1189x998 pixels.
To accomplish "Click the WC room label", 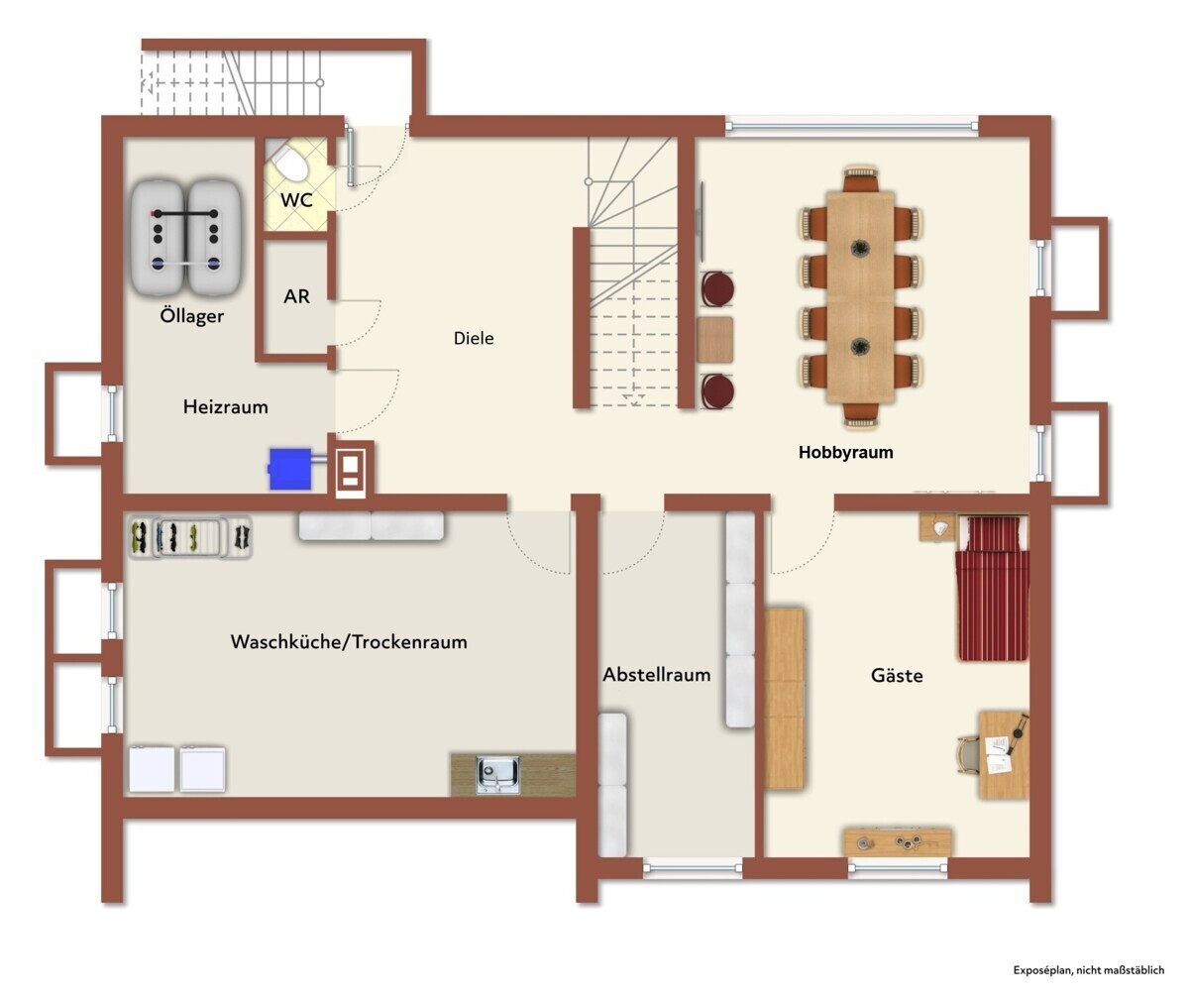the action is click(296, 200).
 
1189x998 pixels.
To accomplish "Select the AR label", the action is click(296, 296).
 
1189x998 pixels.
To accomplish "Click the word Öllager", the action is click(192, 315).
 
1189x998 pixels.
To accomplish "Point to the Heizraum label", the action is click(226, 406).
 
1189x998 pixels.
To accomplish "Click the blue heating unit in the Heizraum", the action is click(290, 469).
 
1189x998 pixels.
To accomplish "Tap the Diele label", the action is click(474, 338).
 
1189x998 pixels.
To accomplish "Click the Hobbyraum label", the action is click(845, 452).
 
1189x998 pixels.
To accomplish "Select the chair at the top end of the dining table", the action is click(860, 178).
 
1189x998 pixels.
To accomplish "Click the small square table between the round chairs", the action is click(714, 340).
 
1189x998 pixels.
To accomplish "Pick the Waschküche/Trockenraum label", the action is click(349, 642).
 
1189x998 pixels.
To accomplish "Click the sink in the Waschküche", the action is click(497, 775).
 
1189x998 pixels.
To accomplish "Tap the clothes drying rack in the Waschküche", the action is click(189, 536).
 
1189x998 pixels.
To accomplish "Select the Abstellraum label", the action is click(657, 675).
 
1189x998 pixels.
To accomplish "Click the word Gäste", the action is click(897, 676).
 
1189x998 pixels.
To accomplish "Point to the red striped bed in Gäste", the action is click(993, 588).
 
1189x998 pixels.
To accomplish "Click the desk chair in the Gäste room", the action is click(969, 755).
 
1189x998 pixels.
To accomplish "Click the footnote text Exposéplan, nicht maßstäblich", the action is click(1088, 970).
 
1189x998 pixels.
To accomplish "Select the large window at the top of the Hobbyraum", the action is click(852, 126).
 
